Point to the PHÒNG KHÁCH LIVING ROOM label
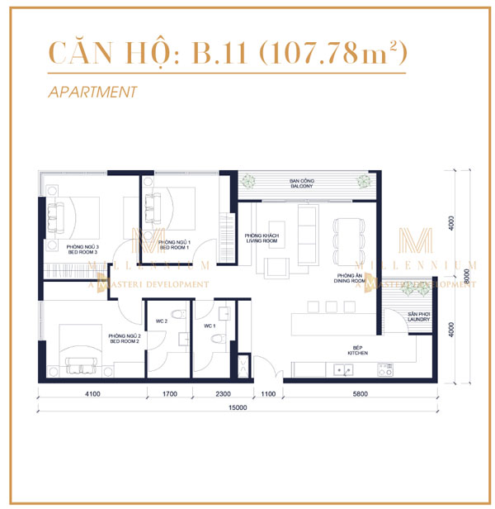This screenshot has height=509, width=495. coord(262,238)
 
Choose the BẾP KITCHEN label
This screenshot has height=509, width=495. coord(357,350)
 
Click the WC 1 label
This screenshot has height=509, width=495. coord(209,326)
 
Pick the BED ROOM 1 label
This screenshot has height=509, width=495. coord(174,245)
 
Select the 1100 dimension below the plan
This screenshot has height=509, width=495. coord(266,395)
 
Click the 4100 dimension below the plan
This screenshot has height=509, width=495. coord(92,395)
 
